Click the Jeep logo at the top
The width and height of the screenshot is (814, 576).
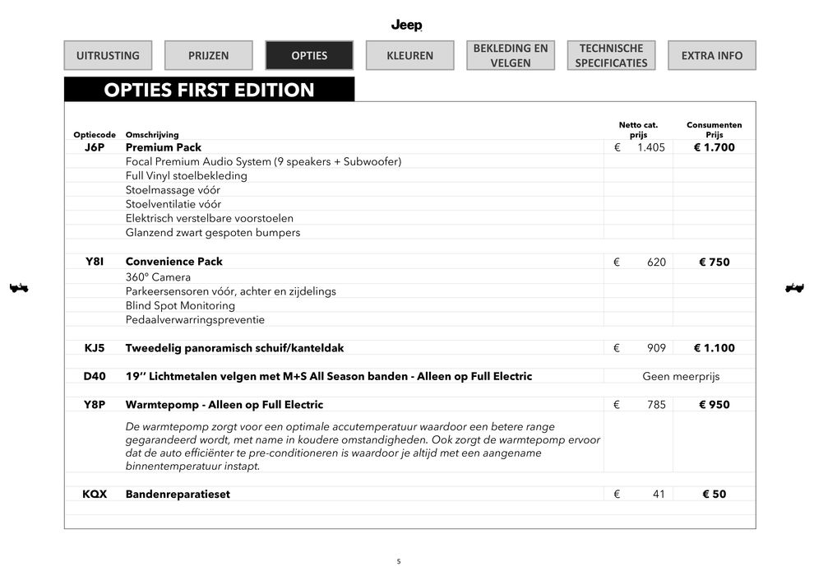click(406, 25)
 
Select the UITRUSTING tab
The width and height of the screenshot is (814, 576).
click(108, 55)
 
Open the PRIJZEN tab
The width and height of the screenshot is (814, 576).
click(208, 55)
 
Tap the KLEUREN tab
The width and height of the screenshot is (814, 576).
click(409, 55)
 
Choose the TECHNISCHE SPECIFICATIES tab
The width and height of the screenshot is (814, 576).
click(611, 55)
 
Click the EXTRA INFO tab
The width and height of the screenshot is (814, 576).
click(711, 55)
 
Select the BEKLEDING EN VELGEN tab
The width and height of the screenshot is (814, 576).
click(510, 55)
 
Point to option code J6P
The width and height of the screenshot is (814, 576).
click(95, 147)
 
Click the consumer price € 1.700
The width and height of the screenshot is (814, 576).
click(714, 147)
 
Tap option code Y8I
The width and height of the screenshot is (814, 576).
click(95, 262)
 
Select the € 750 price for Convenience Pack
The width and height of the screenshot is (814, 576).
click(714, 262)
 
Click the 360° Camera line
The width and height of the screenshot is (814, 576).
click(158, 277)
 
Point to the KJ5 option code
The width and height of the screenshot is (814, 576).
click(95, 348)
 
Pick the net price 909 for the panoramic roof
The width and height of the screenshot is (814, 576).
click(655, 348)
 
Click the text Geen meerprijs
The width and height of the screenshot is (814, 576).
click(680, 376)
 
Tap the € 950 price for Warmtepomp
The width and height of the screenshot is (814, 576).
click(714, 404)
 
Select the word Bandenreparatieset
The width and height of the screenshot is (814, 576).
click(178, 495)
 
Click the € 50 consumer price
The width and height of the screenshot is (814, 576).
click(714, 495)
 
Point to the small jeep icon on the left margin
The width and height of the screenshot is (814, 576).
click(18, 287)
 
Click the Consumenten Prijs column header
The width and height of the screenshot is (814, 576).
click(714, 129)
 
